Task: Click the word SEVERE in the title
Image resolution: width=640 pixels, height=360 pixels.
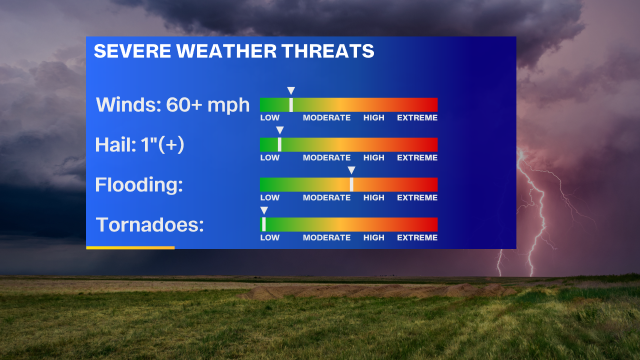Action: [x=132, y=51]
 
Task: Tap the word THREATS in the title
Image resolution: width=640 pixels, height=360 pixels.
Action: [x=328, y=51]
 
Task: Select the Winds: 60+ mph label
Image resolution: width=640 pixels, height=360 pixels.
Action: [x=173, y=105]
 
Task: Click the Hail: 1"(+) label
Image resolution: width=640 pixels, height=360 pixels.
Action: [x=139, y=145]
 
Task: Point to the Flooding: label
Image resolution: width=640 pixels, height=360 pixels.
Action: [x=139, y=185]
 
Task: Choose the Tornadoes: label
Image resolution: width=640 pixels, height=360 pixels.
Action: [x=149, y=225]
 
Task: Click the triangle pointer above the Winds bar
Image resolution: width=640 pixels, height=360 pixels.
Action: [x=291, y=90]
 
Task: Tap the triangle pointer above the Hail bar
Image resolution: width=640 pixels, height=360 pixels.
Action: [x=280, y=130]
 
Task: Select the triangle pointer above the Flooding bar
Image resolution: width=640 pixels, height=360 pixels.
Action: [x=351, y=170]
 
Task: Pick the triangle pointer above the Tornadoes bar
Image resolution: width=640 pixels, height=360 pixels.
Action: [x=264, y=210]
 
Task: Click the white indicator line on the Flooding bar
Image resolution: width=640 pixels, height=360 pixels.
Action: [x=351, y=184]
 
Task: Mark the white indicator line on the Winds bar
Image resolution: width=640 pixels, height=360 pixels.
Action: [x=291, y=105]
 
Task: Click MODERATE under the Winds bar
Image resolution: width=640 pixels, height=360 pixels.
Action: [x=326, y=117]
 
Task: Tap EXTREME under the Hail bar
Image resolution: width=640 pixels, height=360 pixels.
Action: [x=417, y=157]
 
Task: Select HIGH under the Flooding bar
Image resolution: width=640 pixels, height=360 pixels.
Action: [x=373, y=197]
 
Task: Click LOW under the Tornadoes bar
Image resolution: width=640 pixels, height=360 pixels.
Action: [x=269, y=237]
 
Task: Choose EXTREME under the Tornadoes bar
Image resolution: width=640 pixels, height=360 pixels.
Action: [x=417, y=237]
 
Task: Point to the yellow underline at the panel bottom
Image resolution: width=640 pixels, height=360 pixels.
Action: [x=130, y=247]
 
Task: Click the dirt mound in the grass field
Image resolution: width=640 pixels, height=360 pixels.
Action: [x=377, y=291]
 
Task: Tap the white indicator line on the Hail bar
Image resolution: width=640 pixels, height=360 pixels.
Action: [x=279, y=144]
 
